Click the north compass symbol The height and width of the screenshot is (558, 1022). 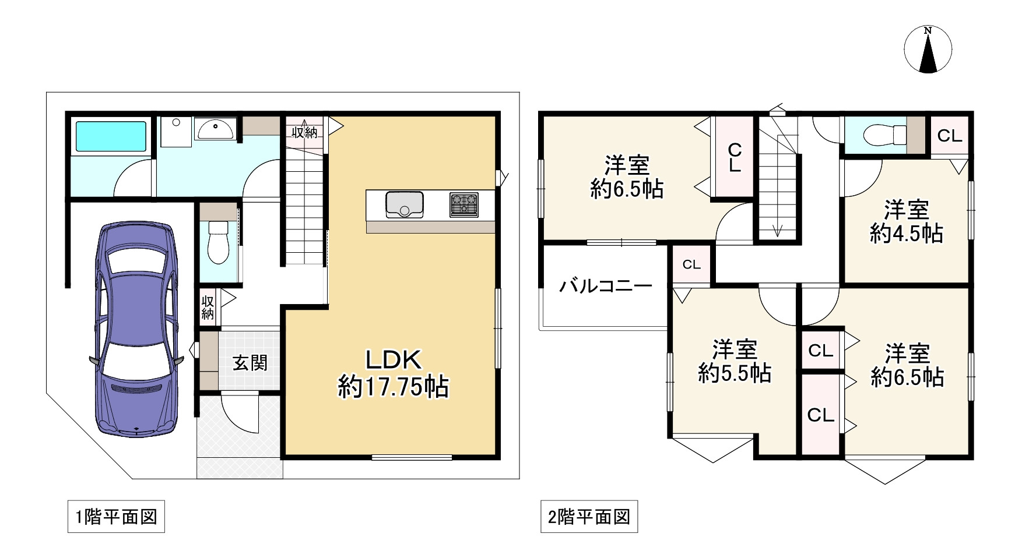[x=928, y=50]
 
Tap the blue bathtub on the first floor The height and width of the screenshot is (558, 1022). [x=110, y=136]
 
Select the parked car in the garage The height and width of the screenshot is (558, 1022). [x=135, y=329]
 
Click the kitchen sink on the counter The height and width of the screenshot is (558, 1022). [x=404, y=204]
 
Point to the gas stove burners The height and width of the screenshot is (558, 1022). [x=463, y=204]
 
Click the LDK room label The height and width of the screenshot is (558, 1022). [x=393, y=361]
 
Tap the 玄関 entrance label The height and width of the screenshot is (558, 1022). [x=250, y=363]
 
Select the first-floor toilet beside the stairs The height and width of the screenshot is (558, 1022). [x=219, y=241]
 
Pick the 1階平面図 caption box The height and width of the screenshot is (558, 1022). [x=116, y=517]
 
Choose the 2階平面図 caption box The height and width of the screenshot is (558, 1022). [x=589, y=517]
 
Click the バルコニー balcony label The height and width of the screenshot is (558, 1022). [x=605, y=286]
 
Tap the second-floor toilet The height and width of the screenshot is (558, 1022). [x=881, y=136]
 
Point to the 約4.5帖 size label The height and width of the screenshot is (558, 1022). [x=906, y=234]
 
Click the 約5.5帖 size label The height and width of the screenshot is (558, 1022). [x=735, y=373]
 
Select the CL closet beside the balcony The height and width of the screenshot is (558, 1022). [x=691, y=265]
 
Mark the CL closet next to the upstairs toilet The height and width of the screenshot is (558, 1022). [x=949, y=136]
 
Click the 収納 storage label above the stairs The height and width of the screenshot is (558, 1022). [x=304, y=133]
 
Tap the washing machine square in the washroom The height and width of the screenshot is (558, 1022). [x=175, y=132]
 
